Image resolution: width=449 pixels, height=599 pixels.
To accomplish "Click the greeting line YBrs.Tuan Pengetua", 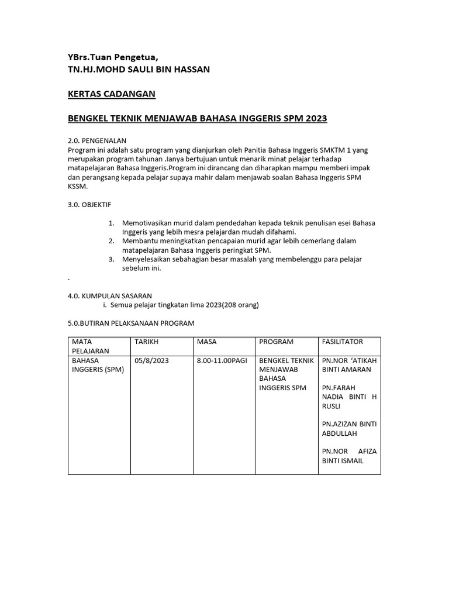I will click(113, 57).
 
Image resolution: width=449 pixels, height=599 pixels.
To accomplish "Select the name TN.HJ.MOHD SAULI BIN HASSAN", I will click(139, 69).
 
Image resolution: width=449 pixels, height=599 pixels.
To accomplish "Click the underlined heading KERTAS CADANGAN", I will click(112, 94).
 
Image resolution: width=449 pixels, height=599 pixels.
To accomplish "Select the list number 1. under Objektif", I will click(112, 223).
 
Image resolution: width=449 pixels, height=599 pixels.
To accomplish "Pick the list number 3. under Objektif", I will click(112, 259).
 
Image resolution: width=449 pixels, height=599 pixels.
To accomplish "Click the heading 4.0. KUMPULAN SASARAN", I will click(110, 296).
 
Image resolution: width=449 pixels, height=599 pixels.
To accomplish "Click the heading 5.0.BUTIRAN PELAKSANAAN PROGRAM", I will click(131, 323).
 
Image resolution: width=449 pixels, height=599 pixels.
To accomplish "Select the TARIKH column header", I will click(147, 342).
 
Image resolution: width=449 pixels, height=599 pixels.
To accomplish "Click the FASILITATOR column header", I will click(342, 342).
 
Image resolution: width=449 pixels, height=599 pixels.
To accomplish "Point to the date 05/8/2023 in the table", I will click(151, 361).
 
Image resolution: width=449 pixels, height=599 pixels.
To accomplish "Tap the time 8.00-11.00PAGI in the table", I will click(222, 361).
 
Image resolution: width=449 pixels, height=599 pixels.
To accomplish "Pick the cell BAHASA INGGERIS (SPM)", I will click(98, 365).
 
